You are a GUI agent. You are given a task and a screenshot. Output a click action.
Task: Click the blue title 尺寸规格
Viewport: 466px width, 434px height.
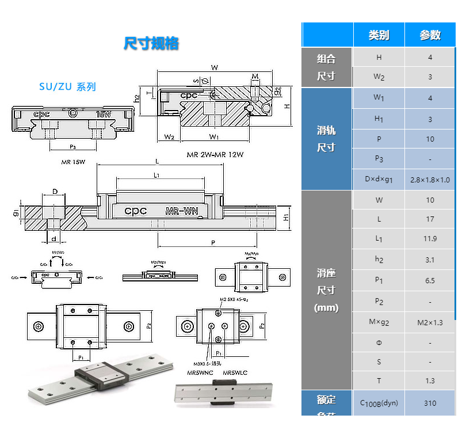click(x=151, y=44)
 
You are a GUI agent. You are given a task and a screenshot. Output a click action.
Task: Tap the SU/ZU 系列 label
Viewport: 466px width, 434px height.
click(x=67, y=87)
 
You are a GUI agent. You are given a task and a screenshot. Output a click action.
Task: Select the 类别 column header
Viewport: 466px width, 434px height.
click(x=379, y=35)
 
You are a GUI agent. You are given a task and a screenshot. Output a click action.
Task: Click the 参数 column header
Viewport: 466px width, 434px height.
click(x=430, y=35)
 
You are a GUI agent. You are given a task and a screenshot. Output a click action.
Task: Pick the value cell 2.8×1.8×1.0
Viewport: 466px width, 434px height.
click(x=430, y=180)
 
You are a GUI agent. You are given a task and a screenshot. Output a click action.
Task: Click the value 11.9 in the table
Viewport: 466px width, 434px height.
click(x=430, y=239)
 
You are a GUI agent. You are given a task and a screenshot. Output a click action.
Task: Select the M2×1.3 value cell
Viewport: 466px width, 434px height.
click(x=430, y=322)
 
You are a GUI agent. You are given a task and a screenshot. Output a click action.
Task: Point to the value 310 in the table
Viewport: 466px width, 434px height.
click(x=430, y=403)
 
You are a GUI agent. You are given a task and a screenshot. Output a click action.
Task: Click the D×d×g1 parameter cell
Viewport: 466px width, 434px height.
click(x=379, y=180)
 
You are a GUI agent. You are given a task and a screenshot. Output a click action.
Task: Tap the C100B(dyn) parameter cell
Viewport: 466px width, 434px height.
click(x=379, y=403)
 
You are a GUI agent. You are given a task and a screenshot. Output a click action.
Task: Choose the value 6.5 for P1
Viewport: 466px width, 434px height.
click(x=430, y=281)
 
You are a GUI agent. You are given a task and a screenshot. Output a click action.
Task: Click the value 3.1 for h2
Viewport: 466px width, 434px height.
click(x=430, y=260)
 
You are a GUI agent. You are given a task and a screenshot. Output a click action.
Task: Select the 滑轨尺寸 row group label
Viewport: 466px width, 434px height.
click(x=326, y=139)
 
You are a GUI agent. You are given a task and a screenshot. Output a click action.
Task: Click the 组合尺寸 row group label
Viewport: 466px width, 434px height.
click(x=326, y=67)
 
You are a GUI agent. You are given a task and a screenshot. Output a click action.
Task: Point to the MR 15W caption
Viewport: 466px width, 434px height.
click(x=74, y=162)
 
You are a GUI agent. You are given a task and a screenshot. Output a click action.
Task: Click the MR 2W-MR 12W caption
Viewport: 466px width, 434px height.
click(x=215, y=155)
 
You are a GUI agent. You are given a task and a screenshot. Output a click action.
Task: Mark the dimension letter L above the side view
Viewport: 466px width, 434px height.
click(x=157, y=161)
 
